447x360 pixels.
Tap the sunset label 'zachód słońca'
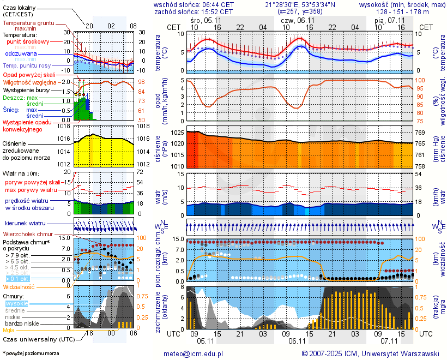coord(178,11)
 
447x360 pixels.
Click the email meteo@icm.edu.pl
coord(194,353)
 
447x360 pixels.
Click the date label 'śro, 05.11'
coord(202,19)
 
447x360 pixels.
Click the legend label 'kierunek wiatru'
coord(26,224)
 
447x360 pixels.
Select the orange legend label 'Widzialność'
coord(19,286)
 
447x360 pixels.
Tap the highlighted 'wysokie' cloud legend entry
coord(16,303)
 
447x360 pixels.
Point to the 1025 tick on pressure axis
coord(176,133)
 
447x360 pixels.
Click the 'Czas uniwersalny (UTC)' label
coord(37,339)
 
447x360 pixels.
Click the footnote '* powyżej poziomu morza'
coord(31,353)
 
